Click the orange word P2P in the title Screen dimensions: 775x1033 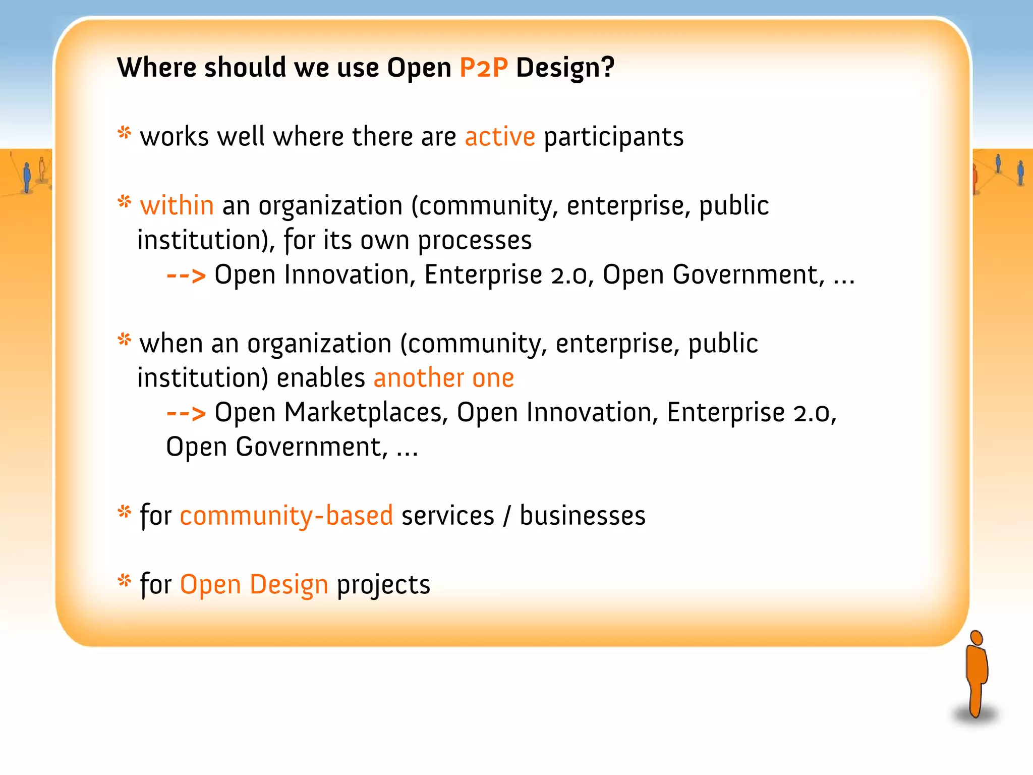coord(483,68)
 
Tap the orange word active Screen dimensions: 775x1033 coord(499,137)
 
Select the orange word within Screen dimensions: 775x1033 coord(177,206)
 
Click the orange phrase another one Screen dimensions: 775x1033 coord(443,378)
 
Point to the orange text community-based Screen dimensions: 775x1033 coord(286,516)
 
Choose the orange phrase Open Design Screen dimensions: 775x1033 coord(254,584)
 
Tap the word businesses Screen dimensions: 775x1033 coord(582,516)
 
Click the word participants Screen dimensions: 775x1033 coord(613,137)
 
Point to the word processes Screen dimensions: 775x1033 coord(475,240)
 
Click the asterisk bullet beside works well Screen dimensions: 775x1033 coord(124,133)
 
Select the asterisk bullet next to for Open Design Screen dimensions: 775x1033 coord(124,581)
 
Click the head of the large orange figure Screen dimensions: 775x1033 coord(977,637)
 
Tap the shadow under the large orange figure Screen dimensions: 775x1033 coord(974,715)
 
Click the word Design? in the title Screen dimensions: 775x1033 coord(565,68)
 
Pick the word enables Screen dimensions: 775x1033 coord(321,378)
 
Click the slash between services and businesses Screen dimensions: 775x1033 coord(506,516)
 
